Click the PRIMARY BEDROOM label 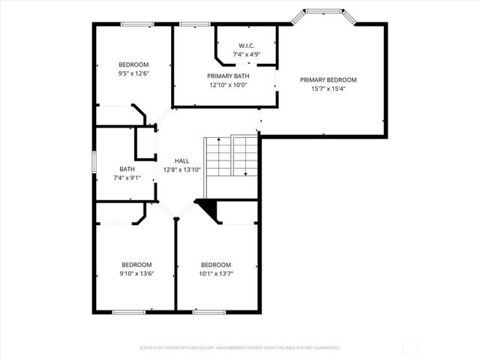[x=328, y=79]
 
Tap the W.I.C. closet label [x=247, y=46]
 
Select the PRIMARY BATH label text [x=228, y=76]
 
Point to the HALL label [x=181, y=160]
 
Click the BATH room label [x=127, y=169]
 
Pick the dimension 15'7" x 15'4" [x=328, y=88]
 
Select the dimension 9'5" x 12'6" [x=134, y=73]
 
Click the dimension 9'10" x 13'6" [x=137, y=274]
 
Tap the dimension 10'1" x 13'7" [x=215, y=274]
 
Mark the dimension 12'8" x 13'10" [x=181, y=169]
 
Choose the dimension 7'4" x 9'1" [x=127, y=178]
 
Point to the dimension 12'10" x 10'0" [x=228, y=85]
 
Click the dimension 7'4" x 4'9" [x=247, y=55]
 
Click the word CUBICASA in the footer [x=194, y=348]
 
